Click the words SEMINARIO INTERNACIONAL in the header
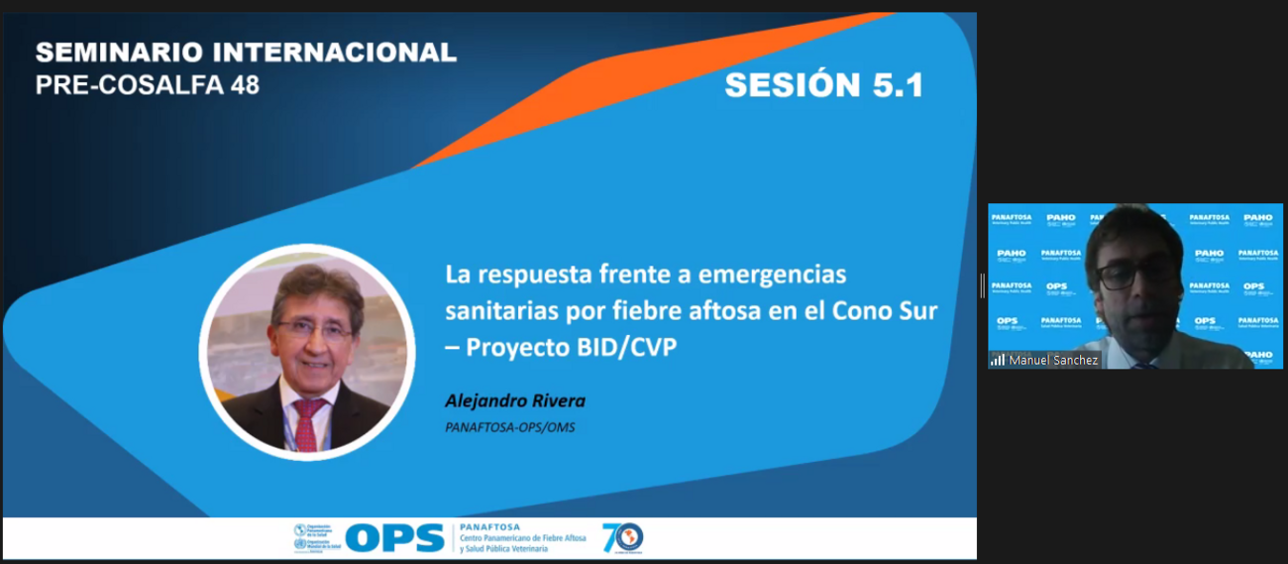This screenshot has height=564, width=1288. click(246, 54)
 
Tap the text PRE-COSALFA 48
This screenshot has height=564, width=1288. click(148, 85)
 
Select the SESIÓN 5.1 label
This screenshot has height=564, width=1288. click(823, 85)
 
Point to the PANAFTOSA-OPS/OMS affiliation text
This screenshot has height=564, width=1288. click(510, 427)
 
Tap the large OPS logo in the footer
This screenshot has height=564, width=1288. click(394, 538)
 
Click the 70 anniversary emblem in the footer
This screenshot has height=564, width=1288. click(622, 537)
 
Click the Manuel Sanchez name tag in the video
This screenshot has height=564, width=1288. click(1053, 360)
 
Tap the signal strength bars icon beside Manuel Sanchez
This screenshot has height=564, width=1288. click(998, 360)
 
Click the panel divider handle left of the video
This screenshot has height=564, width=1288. click(982, 285)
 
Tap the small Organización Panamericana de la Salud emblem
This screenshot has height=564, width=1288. click(300, 530)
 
